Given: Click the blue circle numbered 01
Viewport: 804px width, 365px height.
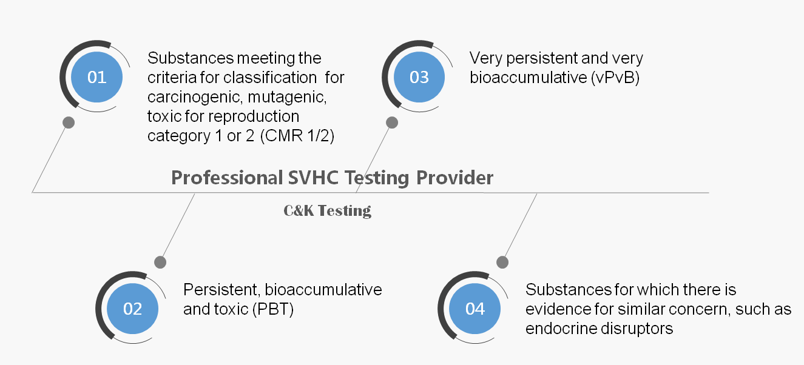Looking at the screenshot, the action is [x=96, y=77].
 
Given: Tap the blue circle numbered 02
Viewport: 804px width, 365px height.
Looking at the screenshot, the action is [x=132, y=309].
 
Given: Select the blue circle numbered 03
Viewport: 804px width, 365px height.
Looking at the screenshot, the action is [x=419, y=77].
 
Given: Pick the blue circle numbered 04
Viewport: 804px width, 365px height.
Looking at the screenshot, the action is [x=475, y=309].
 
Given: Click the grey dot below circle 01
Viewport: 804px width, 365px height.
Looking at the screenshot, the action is [x=69, y=122].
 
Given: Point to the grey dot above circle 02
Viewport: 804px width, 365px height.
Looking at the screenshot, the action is [x=160, y=263].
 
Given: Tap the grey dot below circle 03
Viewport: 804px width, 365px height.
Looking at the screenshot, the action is [x=392, y=122].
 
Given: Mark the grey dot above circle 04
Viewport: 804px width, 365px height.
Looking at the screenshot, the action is [x=502, y=263].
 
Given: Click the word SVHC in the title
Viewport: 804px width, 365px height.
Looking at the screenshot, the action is [x=313, y=178].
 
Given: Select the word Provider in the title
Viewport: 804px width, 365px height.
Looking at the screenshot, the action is [x=454, y=178].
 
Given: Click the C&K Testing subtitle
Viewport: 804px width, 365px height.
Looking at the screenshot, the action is [x=327, y=211].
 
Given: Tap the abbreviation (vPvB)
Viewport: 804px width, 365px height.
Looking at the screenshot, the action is [x=615, y=78].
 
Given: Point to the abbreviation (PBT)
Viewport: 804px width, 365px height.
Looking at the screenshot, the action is [x=273, y=309].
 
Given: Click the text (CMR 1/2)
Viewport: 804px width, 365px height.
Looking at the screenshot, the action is [x=297, y=136].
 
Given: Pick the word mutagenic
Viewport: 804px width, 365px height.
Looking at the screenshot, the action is [x=287, y=98].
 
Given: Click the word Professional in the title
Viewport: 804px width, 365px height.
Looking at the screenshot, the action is [x=227, y=178].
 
